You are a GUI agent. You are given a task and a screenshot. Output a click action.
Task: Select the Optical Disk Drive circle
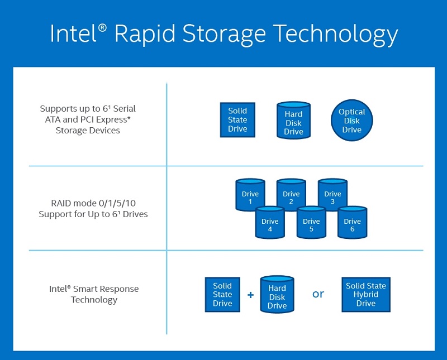click(351, 121)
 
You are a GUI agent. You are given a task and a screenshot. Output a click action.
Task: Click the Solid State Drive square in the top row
click(237, 120)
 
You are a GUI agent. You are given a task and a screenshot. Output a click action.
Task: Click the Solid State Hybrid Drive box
click(366, 294)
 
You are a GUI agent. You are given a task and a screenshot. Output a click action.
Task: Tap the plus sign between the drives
click(250, 295)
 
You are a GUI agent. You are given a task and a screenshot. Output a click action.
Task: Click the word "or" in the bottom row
click(318, 294)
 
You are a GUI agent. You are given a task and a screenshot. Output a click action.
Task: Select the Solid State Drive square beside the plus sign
click(222, 294)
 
